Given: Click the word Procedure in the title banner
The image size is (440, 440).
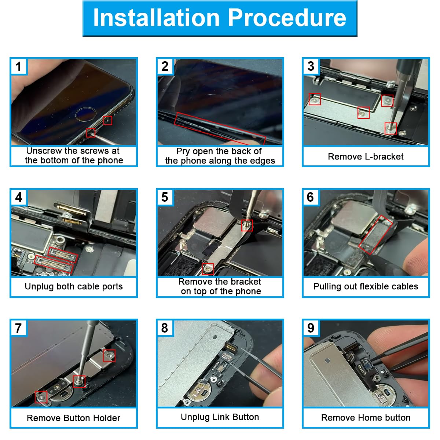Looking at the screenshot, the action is [287, 18].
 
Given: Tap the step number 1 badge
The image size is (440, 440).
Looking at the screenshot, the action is [19, 67].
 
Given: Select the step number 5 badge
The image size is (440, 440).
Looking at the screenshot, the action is [165, 197].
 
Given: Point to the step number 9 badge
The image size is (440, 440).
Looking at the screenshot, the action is [311, 328].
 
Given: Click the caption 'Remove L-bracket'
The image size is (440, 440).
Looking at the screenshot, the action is [366, 157].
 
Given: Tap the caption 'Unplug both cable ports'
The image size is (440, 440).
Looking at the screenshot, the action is [74, 287].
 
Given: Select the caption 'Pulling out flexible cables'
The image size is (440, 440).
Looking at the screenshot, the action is [366, 287].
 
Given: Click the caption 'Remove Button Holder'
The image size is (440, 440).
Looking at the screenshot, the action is [74, 418].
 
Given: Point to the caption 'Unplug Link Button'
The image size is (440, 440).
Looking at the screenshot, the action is [220, 417].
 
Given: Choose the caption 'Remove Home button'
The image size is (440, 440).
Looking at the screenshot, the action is [366, 418].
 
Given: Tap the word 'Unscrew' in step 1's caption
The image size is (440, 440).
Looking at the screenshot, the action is [44, 151].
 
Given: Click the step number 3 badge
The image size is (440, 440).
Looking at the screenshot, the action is [311, 66].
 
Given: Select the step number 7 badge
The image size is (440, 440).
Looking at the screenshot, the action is [19, 328].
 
